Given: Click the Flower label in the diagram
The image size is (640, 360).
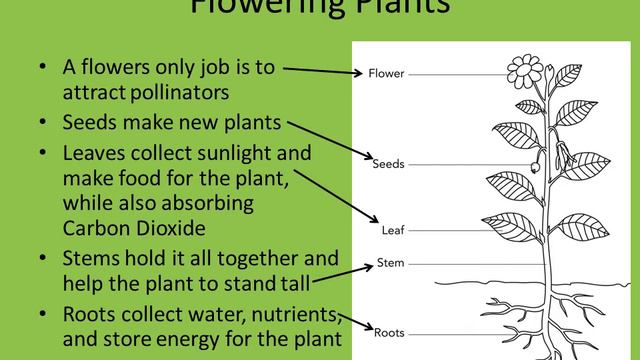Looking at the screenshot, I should (x=386, y=73).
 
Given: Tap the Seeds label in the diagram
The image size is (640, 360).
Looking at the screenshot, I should (x=387, y=163).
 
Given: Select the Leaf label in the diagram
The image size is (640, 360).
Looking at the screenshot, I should (x=392, y=230).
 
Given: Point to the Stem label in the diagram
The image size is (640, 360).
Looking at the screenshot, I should (x=390, y=265).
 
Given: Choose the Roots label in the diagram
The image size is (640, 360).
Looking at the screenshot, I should (x=388, y=330).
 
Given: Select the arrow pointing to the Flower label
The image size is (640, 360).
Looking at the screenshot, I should (x=320, y=70).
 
